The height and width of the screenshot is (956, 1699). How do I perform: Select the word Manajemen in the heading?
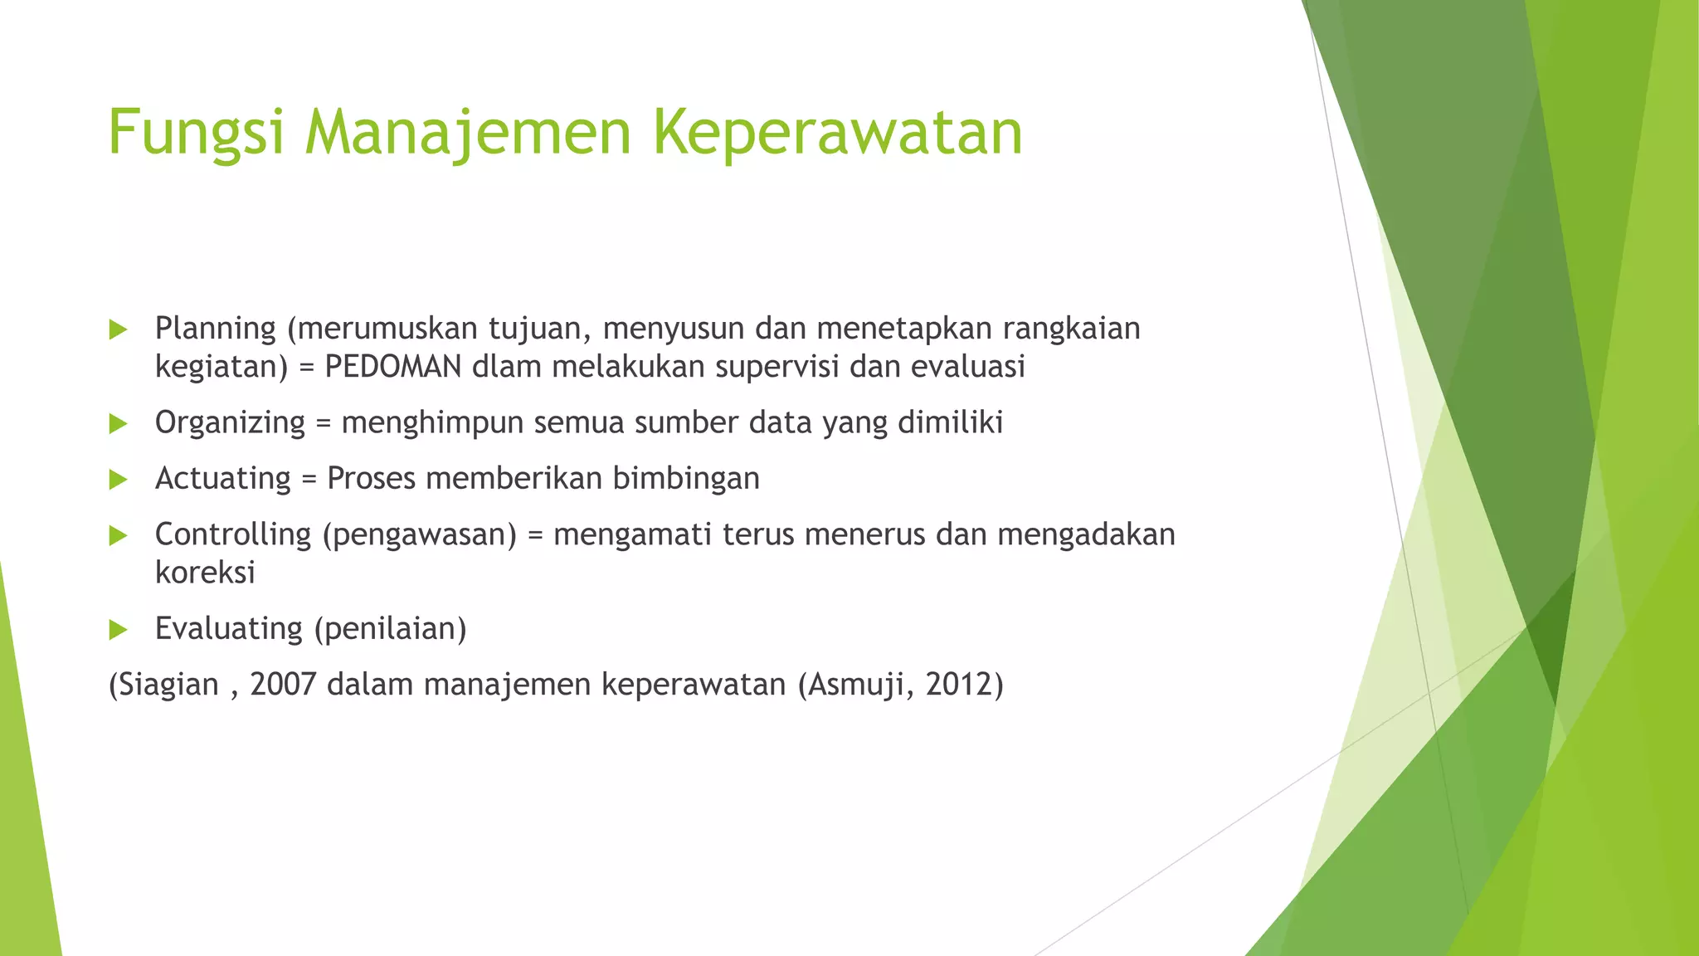coord(468,133)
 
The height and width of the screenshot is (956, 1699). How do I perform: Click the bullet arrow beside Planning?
coord(118,330)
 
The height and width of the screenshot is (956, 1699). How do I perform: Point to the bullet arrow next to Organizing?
coord(118,424)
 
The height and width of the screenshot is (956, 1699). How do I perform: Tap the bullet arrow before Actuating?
coord(118,480)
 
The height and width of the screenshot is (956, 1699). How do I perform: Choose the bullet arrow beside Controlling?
coord(118,536)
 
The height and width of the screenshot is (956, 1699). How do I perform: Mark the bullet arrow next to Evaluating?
coord(118,630)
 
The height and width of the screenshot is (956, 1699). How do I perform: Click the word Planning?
coord(216,329)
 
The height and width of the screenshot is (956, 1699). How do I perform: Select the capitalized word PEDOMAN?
coord(392,367)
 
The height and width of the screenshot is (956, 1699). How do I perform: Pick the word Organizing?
coord(230,423)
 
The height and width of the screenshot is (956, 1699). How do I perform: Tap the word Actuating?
coord(222,479)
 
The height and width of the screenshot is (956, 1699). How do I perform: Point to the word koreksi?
coord(205,573)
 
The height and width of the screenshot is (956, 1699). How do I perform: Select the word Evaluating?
coord(228,629)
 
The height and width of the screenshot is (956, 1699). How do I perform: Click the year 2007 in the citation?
coord(283,685)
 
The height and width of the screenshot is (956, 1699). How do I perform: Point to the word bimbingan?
coord(686,479)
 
